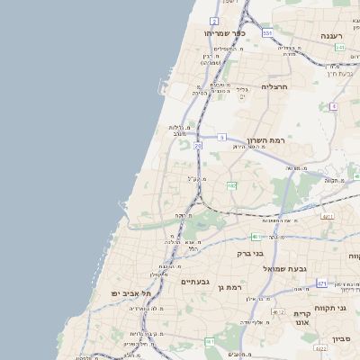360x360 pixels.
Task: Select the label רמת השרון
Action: (265, 142)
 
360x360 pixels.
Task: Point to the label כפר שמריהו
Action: (225, 33)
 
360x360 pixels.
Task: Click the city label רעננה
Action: (337, 35)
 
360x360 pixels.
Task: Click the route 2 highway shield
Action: (214, 20)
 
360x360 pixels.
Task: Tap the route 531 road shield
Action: (267, 32)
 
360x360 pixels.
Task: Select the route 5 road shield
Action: (221, 137)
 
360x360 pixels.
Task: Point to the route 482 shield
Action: (232, 185)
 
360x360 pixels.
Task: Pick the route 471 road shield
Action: (321, 283)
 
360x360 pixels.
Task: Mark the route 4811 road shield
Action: (328, 216)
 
